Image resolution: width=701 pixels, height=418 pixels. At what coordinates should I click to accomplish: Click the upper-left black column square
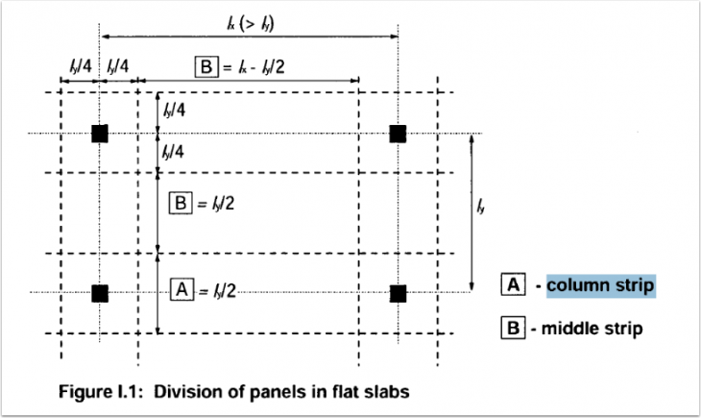(x=99, y=133)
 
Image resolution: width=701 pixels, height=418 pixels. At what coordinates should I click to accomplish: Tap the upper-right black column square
(x=398, y=133)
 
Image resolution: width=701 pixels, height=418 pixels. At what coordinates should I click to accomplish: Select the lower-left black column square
(x=99, y=292)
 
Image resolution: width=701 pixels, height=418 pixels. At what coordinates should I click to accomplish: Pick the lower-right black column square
(x=398, y=292)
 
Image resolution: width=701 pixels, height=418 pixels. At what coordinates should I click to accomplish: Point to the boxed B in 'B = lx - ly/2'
(x=206, y=66)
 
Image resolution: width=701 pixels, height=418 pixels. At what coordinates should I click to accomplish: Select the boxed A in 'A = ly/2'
(x=180, y=287)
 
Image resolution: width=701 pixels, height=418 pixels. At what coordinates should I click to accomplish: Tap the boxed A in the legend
(x=513, y=285)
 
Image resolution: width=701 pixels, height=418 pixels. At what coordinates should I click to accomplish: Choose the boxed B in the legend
(x=513, y=329)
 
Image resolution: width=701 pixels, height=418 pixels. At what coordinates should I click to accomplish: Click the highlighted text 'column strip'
(x=600, y=285)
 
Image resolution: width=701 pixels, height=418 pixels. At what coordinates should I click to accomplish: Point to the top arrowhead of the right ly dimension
(x=471, y=138)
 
